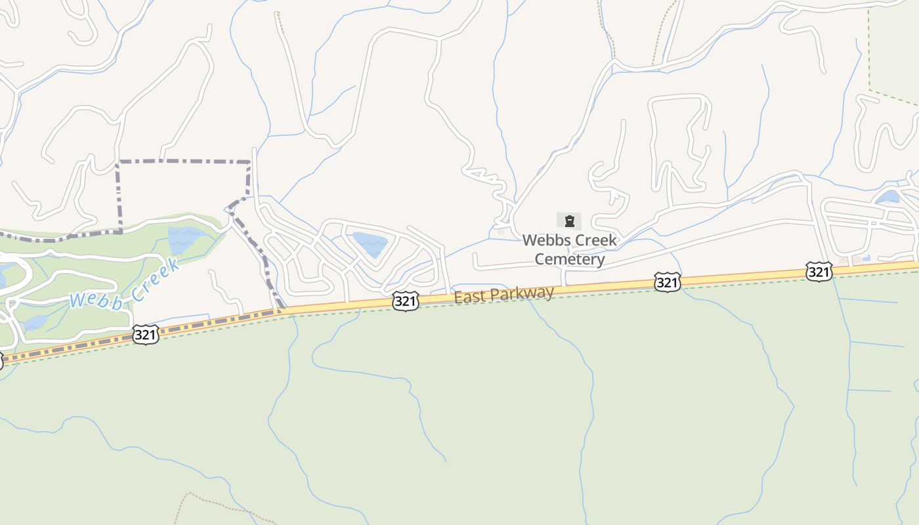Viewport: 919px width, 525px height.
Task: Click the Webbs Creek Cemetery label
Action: [569, 249]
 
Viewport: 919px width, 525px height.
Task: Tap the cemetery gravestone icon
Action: [569, 221]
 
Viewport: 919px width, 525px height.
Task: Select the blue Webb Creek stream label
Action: [124, 284]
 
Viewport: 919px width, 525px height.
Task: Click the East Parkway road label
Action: [503, 294]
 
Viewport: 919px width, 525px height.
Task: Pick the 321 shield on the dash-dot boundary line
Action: [145, 335]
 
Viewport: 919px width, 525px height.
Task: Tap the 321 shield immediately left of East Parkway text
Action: [406, 301]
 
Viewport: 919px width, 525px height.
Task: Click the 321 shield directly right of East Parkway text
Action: [667, 282]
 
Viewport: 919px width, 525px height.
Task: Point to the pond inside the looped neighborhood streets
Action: [370, 243]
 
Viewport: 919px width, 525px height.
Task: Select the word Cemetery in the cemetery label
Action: [569, 259]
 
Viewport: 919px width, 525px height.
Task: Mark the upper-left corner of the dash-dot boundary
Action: [118, 161]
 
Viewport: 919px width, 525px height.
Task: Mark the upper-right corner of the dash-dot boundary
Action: [249, 161]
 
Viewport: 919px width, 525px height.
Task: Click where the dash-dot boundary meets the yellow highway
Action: [281, 308]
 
